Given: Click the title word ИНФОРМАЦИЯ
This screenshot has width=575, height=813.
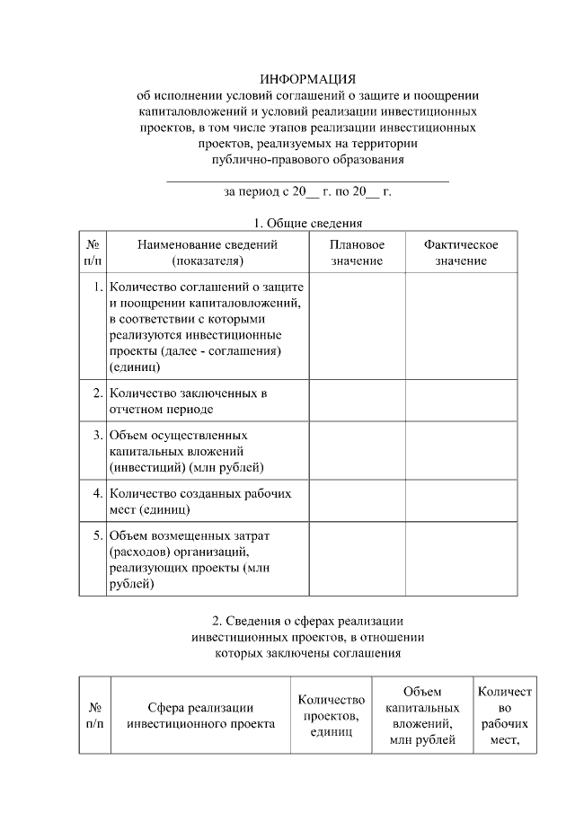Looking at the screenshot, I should [x=308, y=79].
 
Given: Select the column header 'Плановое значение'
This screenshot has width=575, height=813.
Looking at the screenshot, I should [x=357, y=252].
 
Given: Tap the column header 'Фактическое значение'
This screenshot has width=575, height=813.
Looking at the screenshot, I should [x=461, y=252].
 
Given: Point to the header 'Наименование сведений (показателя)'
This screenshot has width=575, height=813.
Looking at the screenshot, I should [x=207, y=252].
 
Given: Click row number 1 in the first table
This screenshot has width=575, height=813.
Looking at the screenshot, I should [x=97, y=287].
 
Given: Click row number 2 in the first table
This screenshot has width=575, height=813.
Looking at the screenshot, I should [x=97, y=393].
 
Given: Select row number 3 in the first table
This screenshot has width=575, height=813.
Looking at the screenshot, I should [x=97, y=435].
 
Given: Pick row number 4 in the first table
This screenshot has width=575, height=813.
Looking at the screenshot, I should [x=97, y=493].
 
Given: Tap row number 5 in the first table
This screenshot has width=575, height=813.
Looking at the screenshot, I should [x=97, y=535].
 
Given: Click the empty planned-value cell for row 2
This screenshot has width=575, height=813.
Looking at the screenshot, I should [x=357, y=401].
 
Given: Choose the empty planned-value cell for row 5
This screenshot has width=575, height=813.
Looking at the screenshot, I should [x=357, y=560].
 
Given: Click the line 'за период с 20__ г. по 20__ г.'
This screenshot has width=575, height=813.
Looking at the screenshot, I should [x=308, y=191].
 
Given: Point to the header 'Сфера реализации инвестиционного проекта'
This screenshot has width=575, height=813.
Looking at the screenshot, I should [x=200, y=716].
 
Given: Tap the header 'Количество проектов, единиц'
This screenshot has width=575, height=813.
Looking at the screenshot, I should [x=331, y=716].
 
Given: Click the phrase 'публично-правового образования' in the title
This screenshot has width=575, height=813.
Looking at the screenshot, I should [x=308, y=160].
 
